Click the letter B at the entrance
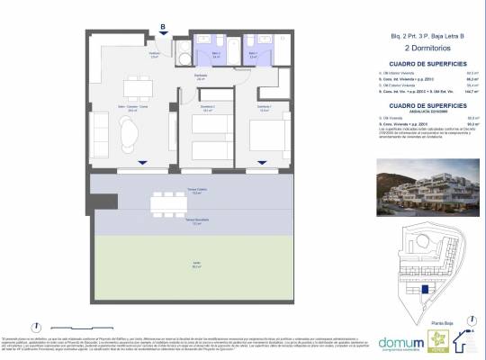162,26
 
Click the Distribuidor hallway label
202,76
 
